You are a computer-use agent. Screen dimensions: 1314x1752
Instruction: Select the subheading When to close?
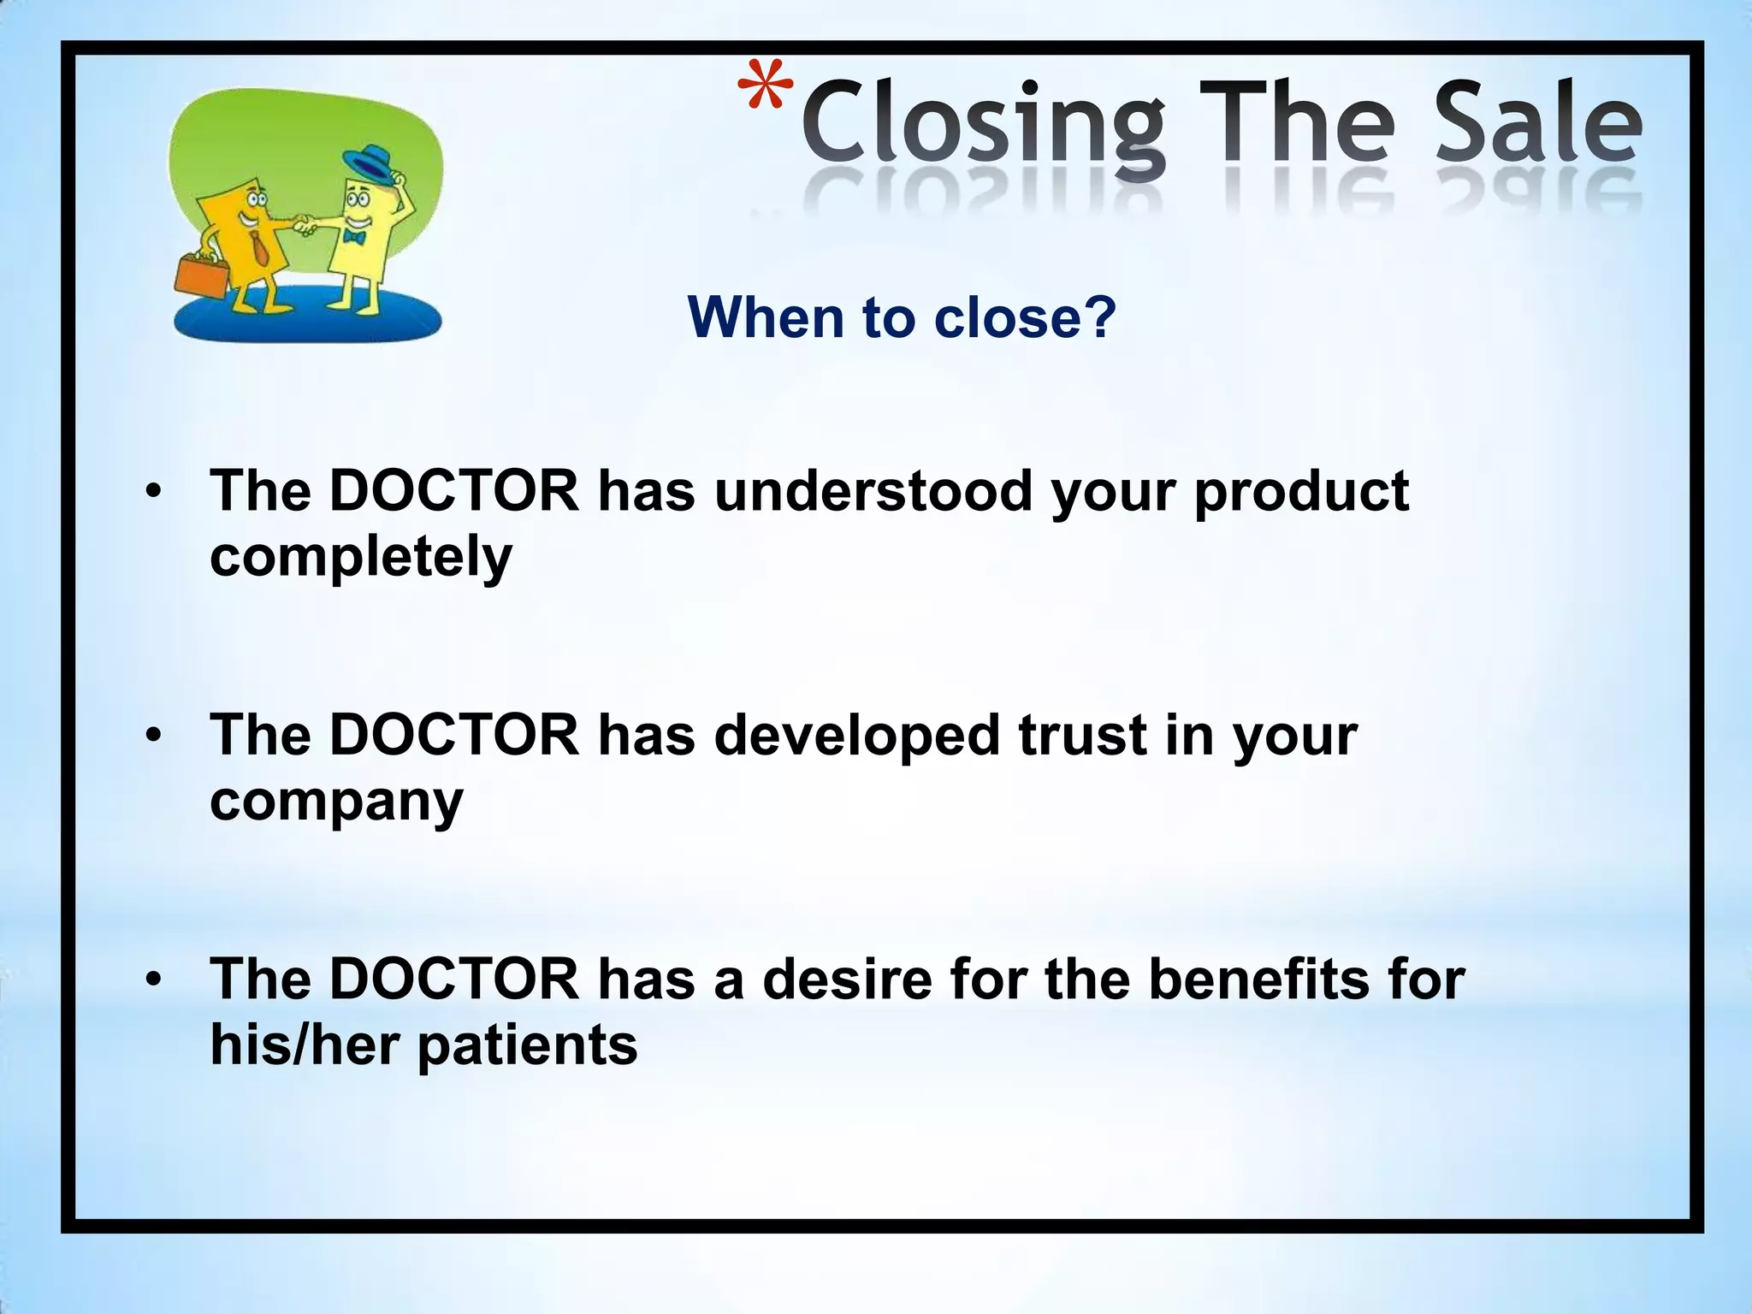click(x=902, y=317)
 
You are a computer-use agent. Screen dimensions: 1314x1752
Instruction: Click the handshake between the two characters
click(x=304, y=226)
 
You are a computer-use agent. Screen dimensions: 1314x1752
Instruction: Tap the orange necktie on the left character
click(x=258, y=247)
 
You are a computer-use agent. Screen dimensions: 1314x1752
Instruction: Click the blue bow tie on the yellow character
click(x=353, y=237)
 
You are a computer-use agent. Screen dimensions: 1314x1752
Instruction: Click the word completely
click(x=360, y=558)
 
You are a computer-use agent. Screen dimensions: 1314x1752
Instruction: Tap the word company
click(x=336, y=802)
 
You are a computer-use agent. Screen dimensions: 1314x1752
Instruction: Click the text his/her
click(x=305, y=1045)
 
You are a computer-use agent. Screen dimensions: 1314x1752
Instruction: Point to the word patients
click(x=527, y=1046)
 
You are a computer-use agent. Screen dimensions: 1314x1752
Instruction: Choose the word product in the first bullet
click(x=1300, y=493)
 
